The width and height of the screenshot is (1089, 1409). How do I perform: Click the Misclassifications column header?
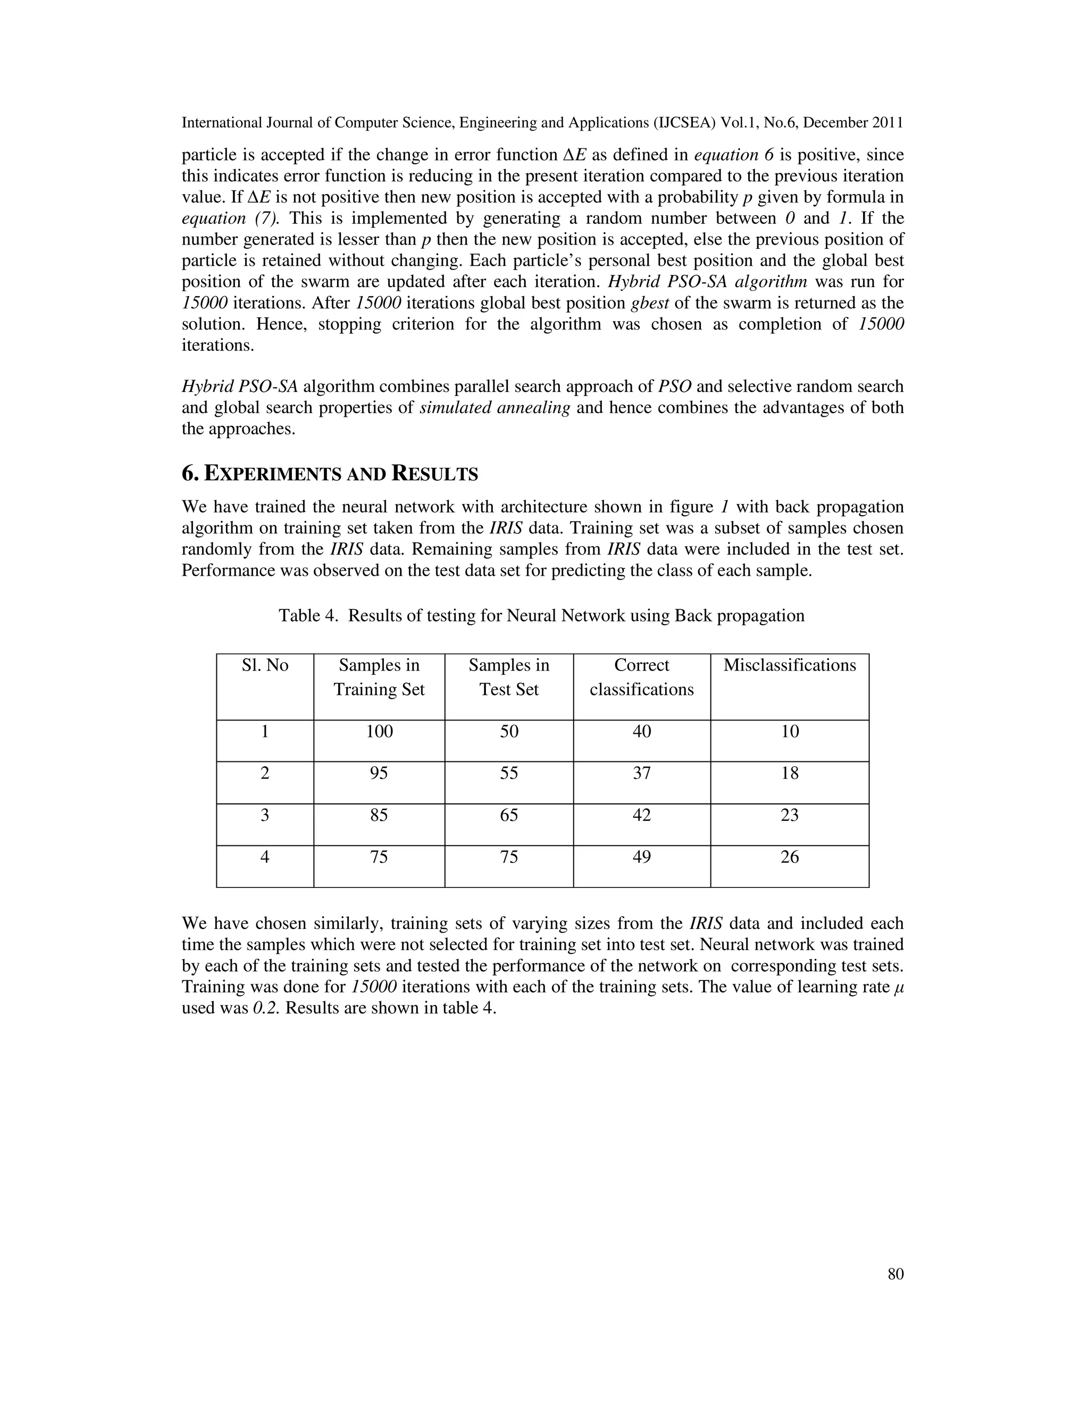tap(789, 665)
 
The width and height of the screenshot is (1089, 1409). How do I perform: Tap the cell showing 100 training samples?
tap(379, 731)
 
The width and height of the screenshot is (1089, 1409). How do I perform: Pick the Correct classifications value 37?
tap(641, 773)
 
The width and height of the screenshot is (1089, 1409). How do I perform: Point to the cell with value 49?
tap(641, 857)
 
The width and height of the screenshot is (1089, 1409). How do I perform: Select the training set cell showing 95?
tap(379, 773)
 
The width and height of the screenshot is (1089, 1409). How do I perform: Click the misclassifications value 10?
tap(789, 731)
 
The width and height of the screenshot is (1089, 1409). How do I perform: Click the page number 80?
tap(895, 1273)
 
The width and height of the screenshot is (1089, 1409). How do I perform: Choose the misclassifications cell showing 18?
tap(789, 773)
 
